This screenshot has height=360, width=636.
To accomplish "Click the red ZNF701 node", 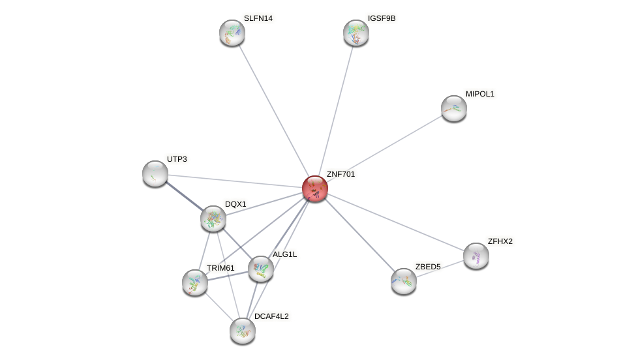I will [x=315, y=188].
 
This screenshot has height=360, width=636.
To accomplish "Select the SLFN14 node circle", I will [x=232, y=33].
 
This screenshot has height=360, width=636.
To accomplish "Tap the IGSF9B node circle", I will [x=356, y=33].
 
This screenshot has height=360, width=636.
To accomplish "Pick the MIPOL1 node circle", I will [x=454, y=108].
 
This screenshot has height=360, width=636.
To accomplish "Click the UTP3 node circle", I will [x=155, y=173].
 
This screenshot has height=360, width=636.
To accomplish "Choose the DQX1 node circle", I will [x=213, y=218].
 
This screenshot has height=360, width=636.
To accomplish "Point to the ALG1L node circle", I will [x=261, y=269].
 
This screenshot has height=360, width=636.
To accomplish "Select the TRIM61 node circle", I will [x=195, y=282].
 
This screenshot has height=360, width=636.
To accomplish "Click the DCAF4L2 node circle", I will [x=243, y=331].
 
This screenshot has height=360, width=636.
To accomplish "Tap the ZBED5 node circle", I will [x=404, y=281].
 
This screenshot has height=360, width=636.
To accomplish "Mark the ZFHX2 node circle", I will [x=476, y=256].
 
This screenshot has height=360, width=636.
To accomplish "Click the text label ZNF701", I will [x=341, y=174].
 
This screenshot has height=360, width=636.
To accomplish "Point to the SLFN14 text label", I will [x=258, y=18].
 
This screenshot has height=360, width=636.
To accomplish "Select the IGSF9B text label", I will [x=382, y=18].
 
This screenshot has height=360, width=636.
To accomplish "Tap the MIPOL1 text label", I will [x=480, y=94].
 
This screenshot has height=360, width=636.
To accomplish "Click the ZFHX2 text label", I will [x=500, y=241].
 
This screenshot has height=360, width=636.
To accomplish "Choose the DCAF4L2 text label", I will [x=271, y=316].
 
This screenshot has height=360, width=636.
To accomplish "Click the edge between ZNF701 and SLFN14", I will [x=274, y=111].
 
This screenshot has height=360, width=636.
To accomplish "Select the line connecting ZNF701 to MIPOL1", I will [x=385, y=148].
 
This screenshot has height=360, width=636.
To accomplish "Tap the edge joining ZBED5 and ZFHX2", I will [x=440, y=268].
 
